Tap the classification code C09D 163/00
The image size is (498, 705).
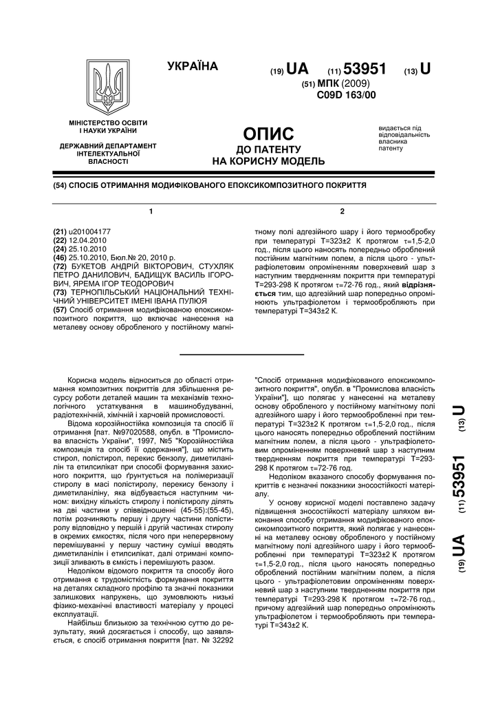347,95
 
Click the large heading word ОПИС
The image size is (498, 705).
269,134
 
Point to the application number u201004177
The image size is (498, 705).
90,233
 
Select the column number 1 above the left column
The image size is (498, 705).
151,210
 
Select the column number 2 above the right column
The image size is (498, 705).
342,210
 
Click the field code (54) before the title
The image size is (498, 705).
61,186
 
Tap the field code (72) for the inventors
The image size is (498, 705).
60,265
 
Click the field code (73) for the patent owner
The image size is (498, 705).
60,292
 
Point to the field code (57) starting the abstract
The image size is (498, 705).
60,310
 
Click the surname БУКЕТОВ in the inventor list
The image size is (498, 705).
91,265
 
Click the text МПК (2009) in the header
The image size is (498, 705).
346,83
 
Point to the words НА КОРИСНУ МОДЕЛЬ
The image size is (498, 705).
268,162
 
